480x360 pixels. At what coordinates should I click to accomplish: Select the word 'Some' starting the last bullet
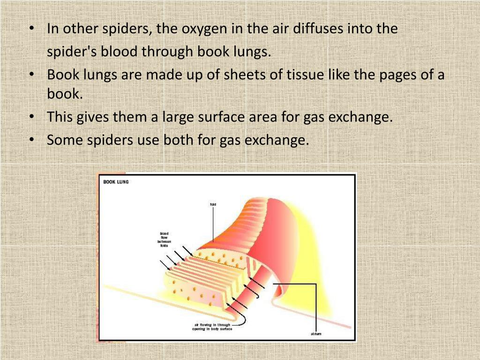[65, 140]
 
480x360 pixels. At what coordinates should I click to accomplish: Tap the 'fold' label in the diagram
[213, 204]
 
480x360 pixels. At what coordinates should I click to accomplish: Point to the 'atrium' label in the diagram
[316, 334]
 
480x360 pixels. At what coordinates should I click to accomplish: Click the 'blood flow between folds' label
[164, 240]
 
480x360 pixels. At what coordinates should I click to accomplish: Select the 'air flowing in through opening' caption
[212, 327]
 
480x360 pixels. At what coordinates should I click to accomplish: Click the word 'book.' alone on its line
[65, 94]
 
